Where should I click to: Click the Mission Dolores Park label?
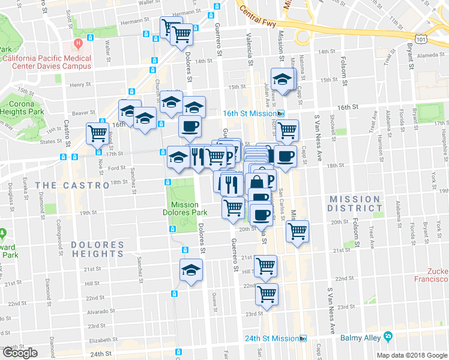pyautogui.click(x=189, y=208)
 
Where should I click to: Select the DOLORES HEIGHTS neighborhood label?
pyautogui.click(x=97, y=249)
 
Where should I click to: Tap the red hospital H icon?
pyautogui.click(x=79, y=44)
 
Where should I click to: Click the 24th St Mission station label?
pyautogui.click(x=271, y=338)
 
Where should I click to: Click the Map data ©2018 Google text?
pyautogui.click(x=411, y=355)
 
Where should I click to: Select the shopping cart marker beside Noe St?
pyautogui.click(x=97, y=133)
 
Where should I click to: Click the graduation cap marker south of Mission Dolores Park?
pyautogui.click(x=191, y=269)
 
